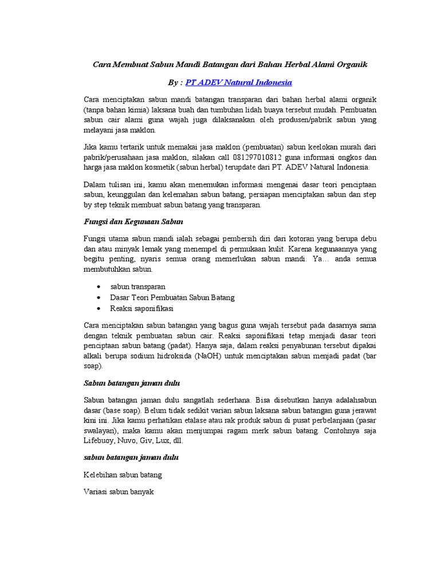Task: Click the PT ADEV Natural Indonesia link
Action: tap(239, 82)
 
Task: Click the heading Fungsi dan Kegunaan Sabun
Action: tap(133, 221)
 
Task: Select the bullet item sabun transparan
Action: tap(137, 287)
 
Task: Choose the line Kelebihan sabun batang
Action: tap(123, 475)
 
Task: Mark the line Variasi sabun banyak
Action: tap(119, 492)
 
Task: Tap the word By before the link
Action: tap(171, 82)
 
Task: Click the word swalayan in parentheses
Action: tap(100, 431)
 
